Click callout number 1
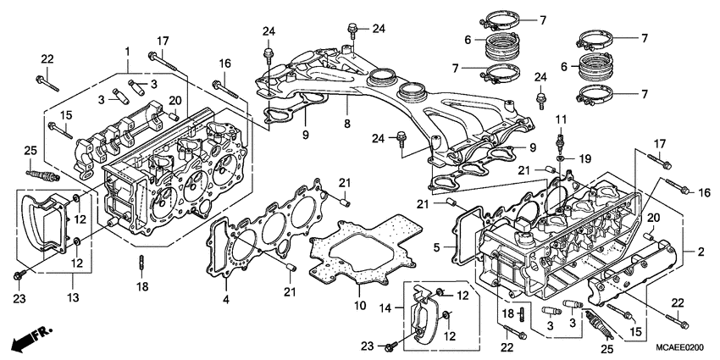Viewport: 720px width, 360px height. point(128,52)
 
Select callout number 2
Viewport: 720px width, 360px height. point(700,252)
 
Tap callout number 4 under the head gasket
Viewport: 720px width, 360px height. point(226,299)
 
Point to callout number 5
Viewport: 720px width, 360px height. point(437,248)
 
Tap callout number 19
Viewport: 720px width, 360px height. point(584,158)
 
